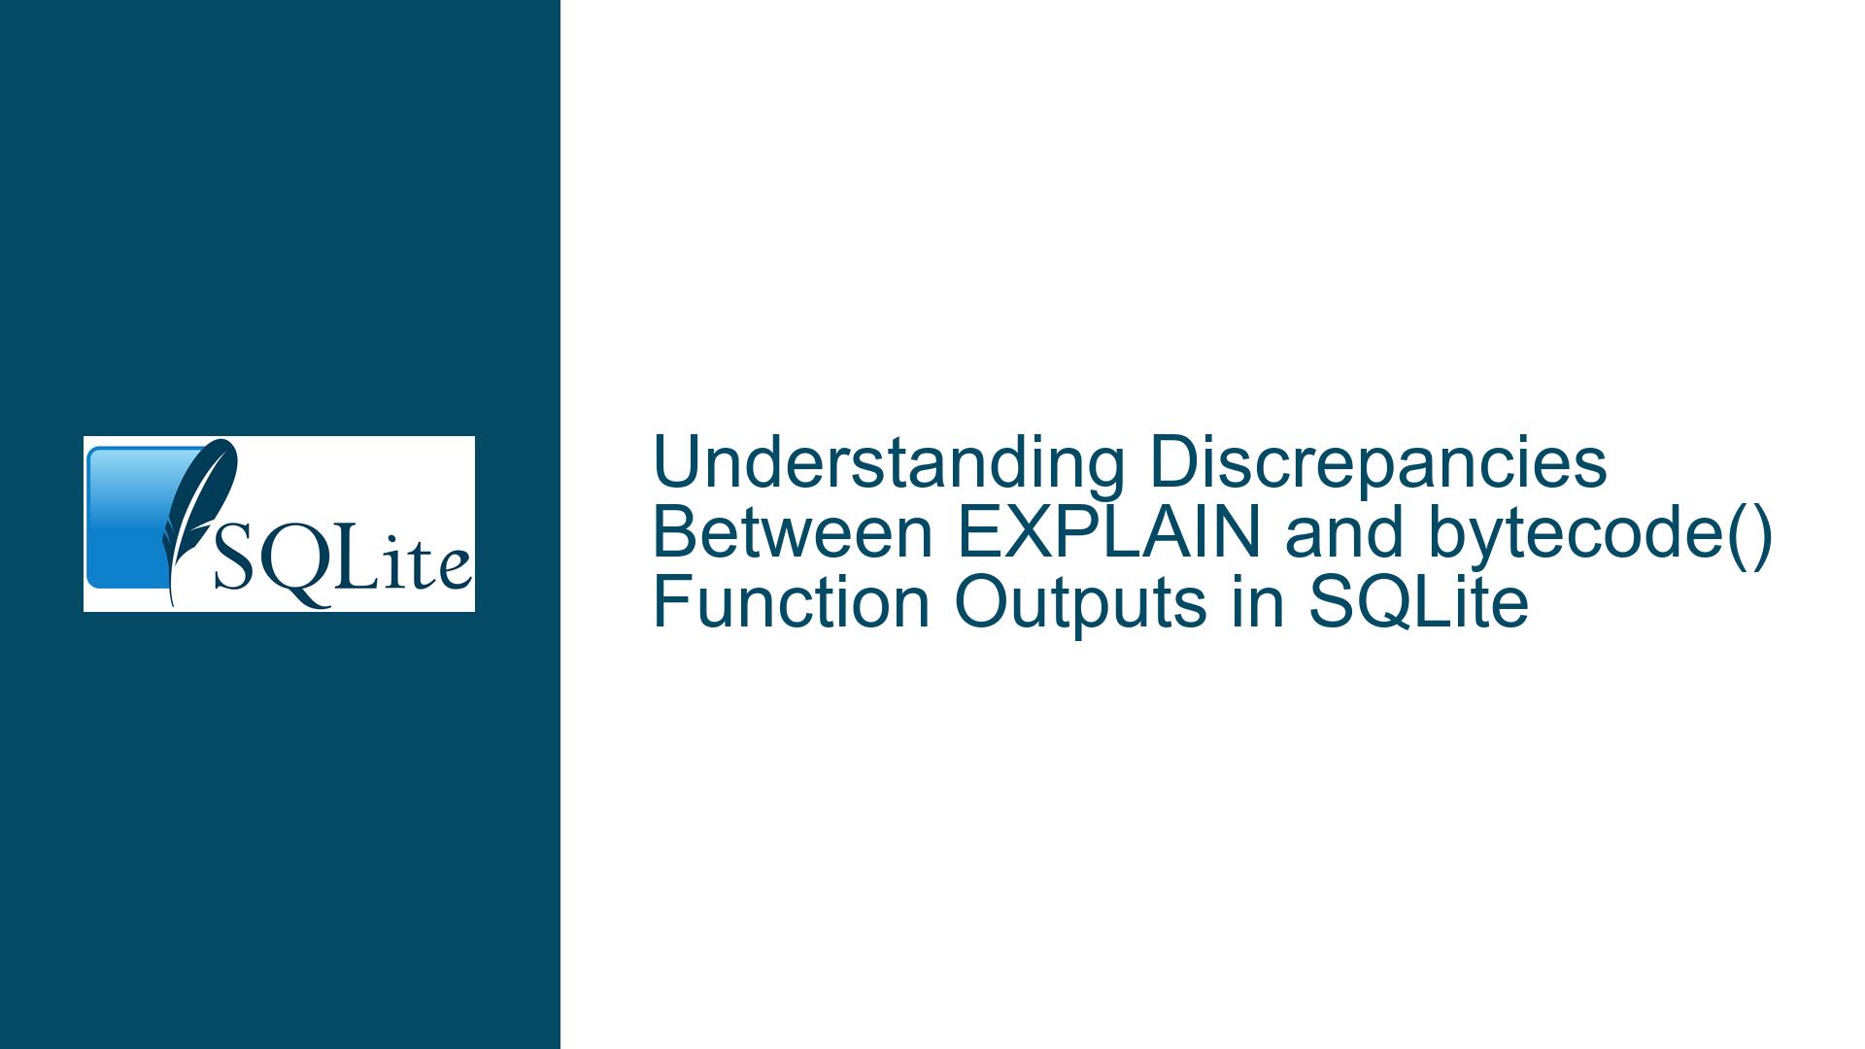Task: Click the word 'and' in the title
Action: pos(1346,533)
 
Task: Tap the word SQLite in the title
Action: pos(1418,603)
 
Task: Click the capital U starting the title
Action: pos(675,464)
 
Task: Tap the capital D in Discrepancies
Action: pos(1172,463)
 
